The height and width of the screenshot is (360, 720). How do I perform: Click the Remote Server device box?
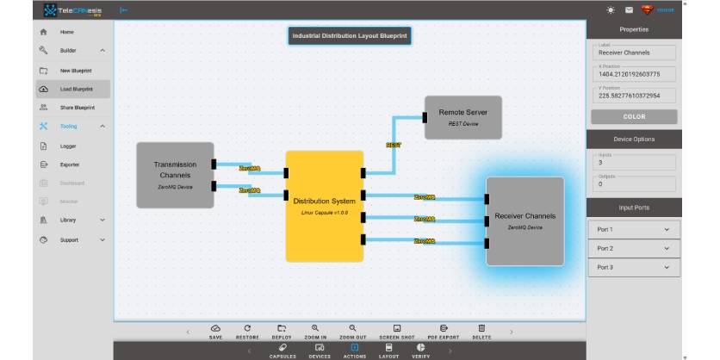[462, 117]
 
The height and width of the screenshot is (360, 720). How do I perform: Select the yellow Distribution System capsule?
[324, 206]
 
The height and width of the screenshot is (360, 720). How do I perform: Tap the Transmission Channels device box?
[175, 175]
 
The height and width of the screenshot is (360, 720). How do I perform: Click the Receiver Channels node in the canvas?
[524, 220]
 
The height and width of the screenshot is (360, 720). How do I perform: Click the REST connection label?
[393, 146]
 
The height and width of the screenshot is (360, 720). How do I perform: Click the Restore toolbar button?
[247, 332]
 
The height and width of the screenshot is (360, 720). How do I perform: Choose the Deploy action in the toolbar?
[281, 332]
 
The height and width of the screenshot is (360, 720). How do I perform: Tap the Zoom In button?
[316, 332]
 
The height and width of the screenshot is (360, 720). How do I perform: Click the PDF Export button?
[444, 332]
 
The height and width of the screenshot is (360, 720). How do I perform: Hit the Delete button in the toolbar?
[481, 332]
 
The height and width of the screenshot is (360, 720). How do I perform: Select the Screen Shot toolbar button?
[397, 332]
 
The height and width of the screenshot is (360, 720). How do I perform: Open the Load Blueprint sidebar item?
[76, 89]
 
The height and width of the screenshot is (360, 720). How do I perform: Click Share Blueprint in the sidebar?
[77, 108]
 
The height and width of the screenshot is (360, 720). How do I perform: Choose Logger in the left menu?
[68, 146]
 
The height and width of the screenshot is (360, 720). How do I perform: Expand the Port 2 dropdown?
[633, 248]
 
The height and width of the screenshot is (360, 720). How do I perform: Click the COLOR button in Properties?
[633, 116]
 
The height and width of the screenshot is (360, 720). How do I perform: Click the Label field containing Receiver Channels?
[633, 53]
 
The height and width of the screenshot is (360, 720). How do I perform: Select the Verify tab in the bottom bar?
[420, 350]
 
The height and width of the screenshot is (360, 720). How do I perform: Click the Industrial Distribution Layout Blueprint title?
[350, 36]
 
